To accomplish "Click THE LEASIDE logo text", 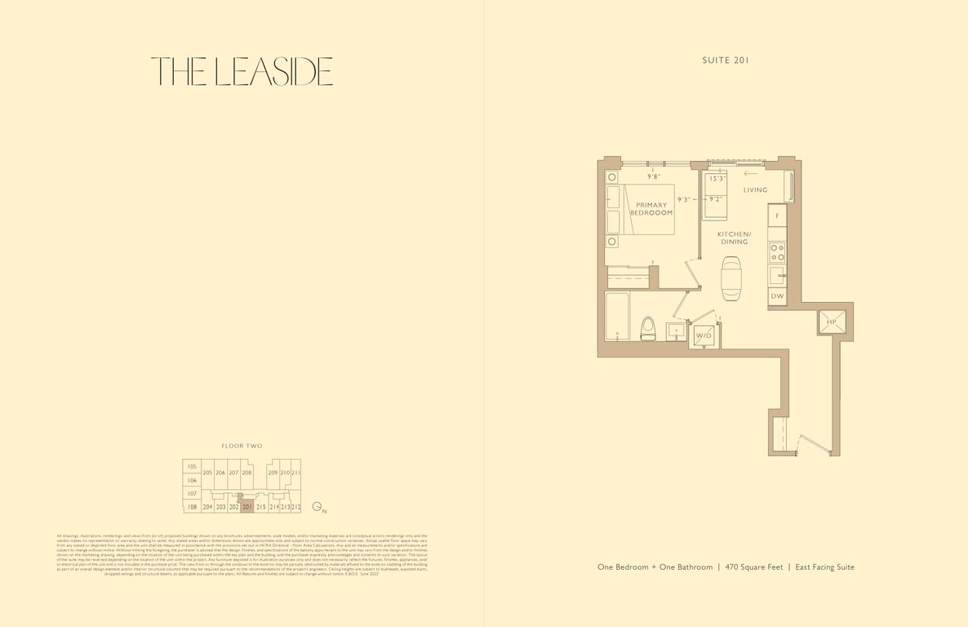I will click(242, 72).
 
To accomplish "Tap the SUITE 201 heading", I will click(725, 60).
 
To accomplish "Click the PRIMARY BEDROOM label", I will click(651, 209).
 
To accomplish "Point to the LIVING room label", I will click(755, 190).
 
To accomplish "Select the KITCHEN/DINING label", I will click(734, 238).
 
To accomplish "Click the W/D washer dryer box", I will click(703, 336).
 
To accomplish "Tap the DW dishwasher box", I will click(777, 296).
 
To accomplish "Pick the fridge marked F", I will click(777, 216).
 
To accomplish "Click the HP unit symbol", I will click(832, 322).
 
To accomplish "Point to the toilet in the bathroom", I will click(649, 328).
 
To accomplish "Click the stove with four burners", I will click(777, 251).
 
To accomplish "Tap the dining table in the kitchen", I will click(731, 278).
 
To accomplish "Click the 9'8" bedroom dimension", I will click(654, 176).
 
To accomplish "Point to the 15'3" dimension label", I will click(717, 179).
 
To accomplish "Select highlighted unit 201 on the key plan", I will click(246, 507).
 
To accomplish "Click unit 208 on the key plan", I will click(246, 473).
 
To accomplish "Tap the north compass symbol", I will click(318, 507).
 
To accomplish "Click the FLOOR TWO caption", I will click(242, 446).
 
